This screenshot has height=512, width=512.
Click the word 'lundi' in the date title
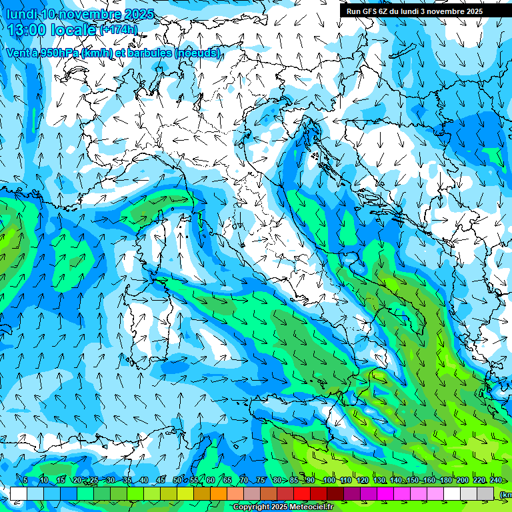click(21, 14)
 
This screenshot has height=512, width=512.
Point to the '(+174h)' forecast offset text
click(119, 29)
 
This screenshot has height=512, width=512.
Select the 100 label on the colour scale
click(329, 480)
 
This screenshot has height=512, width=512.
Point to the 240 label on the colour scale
click(495, 480)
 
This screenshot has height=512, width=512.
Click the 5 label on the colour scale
click(25, 480)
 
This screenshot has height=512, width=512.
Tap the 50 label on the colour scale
click(177, 480)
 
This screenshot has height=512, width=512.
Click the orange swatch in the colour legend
click(219, 493)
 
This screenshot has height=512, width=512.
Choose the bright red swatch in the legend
click(302, 493)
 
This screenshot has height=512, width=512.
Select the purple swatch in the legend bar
click(352, 493)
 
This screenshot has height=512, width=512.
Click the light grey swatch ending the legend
click(485, 493)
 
